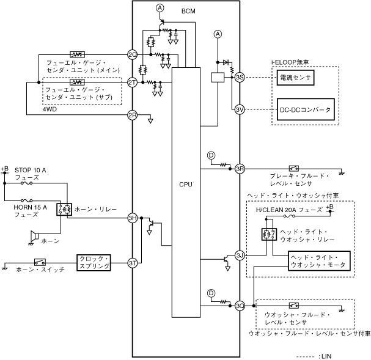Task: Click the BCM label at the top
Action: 189,12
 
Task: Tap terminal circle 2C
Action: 132,55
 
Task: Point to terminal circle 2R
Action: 132,114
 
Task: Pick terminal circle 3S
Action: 240,78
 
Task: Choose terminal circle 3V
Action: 240,109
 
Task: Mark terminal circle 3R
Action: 240,168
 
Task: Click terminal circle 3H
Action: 132,218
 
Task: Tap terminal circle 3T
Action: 132,263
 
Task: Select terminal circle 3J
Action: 240,255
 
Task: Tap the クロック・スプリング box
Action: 94,263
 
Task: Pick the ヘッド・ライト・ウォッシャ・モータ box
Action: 318,260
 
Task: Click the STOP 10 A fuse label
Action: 31,169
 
